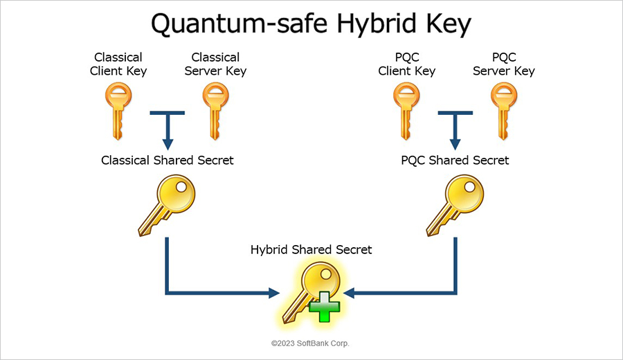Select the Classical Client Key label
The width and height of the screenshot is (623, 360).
point(118,64)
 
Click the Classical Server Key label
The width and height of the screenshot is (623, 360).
point(216,64)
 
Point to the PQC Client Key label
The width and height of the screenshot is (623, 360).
point(407,64)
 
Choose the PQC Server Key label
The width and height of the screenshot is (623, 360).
point(503,64)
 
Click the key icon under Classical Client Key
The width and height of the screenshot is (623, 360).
point(116,111)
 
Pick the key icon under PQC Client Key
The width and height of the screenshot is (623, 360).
point(406,111)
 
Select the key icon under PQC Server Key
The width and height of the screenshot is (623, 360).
point(503,111)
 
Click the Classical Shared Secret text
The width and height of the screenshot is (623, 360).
point(168,161)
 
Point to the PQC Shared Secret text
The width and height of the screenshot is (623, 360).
point(455,161)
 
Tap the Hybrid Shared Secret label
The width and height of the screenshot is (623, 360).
point(311,249)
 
